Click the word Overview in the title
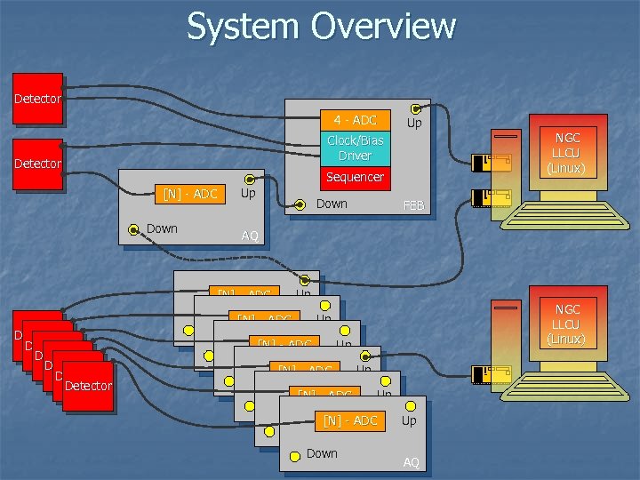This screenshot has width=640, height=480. (383, 27)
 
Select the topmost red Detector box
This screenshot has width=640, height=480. (38, 99)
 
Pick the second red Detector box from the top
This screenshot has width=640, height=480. (38, 164)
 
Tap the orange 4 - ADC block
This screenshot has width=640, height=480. (356, 120)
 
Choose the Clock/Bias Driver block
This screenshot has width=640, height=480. (356, 148)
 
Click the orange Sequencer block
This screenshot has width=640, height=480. (356, 177)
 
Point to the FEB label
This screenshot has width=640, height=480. (413, 205)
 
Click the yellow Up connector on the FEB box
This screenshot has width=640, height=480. (415, 108)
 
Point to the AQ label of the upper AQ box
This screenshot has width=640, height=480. (250, 236)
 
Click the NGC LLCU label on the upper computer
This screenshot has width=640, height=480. (567, 152)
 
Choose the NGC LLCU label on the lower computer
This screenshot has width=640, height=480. (567, 324)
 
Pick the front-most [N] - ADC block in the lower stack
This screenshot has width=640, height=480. (350, 420)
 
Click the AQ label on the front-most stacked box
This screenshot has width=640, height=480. (411, 462)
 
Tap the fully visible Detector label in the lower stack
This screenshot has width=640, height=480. (88, 386)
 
